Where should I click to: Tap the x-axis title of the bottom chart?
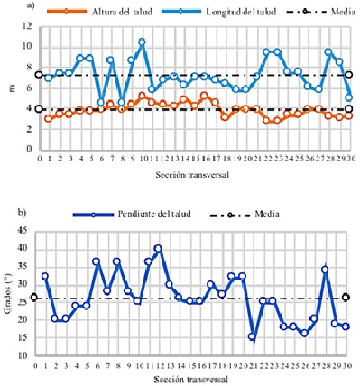pos(189,378)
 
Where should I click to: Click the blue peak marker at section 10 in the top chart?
pos(143,41)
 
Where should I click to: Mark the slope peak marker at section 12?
pos(158,248)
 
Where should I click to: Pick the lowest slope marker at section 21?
pos(253,336)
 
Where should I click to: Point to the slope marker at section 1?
pos(45,276)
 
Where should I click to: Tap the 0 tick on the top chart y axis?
pos(28,150)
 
